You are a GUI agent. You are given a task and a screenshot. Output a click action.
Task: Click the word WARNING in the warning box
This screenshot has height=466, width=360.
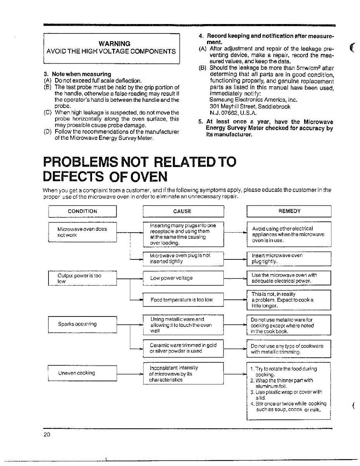pos(114,43)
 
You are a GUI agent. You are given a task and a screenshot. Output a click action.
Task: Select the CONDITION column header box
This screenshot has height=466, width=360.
pos(82,211)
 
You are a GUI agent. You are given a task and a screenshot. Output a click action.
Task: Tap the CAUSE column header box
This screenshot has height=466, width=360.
pos(183,211)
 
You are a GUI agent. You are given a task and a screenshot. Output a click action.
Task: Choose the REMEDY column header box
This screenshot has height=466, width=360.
pos(289,211)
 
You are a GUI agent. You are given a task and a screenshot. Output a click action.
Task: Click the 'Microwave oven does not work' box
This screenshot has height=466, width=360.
pos(82,232)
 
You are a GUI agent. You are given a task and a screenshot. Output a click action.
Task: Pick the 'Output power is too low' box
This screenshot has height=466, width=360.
pos(82,278)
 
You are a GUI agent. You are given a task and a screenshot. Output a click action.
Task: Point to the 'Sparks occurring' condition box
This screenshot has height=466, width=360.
pos(82,324)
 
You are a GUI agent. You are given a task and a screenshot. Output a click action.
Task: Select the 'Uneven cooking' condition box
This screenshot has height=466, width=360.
pos(82,373)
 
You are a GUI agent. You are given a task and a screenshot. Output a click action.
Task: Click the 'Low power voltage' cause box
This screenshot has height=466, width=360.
pos(183,278)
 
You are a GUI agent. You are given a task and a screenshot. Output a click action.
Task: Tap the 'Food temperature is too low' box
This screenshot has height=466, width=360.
pos(183,300)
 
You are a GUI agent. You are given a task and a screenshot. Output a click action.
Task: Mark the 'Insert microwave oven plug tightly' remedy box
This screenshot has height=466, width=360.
pos(289,258)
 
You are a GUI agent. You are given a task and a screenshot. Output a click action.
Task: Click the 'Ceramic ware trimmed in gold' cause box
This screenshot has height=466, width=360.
pos(183,348)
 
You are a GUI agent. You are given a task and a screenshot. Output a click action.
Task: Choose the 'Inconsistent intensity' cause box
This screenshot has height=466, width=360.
pos(183,374)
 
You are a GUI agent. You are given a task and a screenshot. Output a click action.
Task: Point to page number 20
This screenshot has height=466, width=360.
pos(47,435)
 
